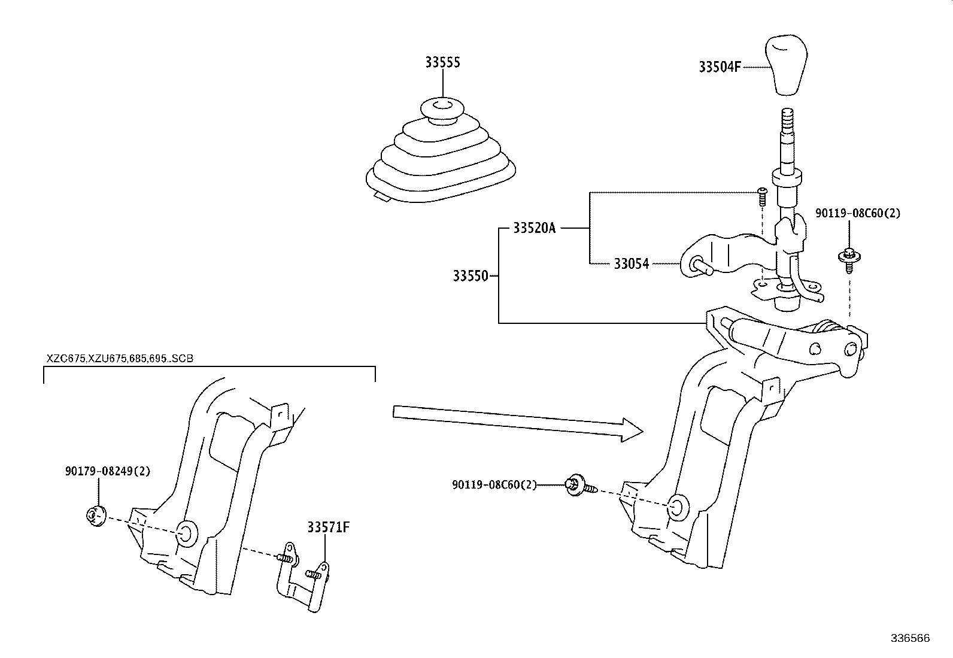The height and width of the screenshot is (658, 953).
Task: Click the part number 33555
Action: [442, 62]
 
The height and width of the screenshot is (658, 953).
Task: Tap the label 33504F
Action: [719, 66]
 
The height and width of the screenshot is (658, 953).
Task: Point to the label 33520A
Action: [534, 228]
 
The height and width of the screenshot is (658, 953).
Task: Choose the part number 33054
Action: [631, 263]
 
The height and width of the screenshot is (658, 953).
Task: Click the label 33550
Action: [470, 276]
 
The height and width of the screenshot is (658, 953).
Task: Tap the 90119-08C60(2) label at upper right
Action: [857, 213]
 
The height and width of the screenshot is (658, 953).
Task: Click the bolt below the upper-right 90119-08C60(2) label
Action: [848, 259]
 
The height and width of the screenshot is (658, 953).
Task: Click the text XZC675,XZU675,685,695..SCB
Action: [120, 359]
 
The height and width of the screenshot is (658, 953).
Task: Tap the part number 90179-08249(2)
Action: [108, 471]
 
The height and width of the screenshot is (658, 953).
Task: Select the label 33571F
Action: [328, 527]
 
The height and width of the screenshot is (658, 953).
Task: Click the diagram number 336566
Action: [910, 638]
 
